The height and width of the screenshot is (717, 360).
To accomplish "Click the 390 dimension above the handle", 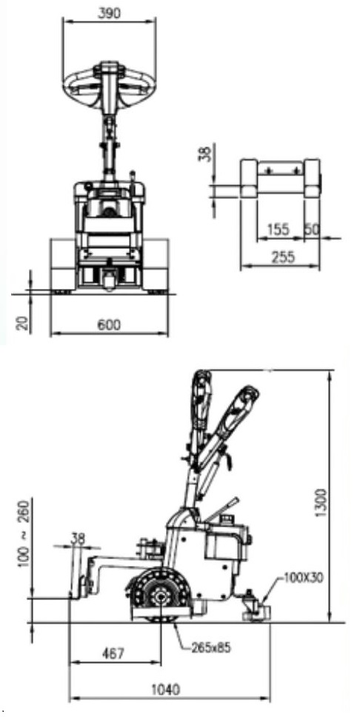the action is click(x=110, y=13).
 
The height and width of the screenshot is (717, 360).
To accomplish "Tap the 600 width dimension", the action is click(x=109, y=325).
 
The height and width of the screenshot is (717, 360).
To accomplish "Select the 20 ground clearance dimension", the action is click(x=23, y=323).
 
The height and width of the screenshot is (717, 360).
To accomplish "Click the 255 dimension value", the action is click(x=283, y=257).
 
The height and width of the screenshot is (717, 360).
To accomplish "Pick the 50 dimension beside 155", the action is click(x=312, y=229).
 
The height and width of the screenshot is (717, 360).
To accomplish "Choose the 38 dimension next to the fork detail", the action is click(x=207, y=153).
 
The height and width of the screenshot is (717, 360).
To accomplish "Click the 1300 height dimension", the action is click(x=321, y=504).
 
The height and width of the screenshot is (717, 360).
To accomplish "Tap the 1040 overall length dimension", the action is click(x=164, y=689).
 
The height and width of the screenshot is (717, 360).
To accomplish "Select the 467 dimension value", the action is click(x=112, y=653).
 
